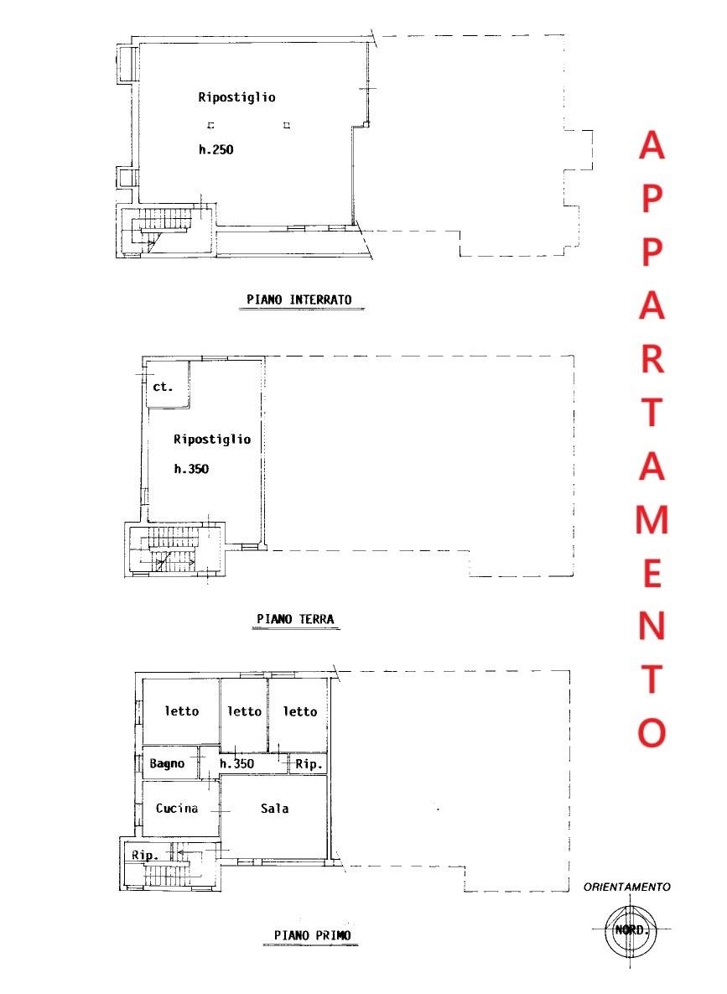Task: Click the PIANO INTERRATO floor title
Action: point(299,299)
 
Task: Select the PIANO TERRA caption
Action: point(295,619)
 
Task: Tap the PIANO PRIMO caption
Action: point(312,935)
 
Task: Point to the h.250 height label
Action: point(216,149)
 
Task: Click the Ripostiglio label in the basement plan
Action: point(236,97)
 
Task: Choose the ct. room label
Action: point(163,386)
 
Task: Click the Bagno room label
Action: point(167,764)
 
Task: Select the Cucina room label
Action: point(177,809)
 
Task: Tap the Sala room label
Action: point(274,809)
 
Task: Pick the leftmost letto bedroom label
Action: point(182,711)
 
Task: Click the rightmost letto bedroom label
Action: point(300,711)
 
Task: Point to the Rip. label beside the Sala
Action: point(309,764)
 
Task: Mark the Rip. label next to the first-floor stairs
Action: point(144,855)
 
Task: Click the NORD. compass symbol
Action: point(631,930)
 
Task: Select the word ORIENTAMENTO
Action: point(627,887)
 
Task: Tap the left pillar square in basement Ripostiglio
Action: point(211,126)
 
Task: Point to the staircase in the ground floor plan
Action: point(171,550)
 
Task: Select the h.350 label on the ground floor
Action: point(191,469)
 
